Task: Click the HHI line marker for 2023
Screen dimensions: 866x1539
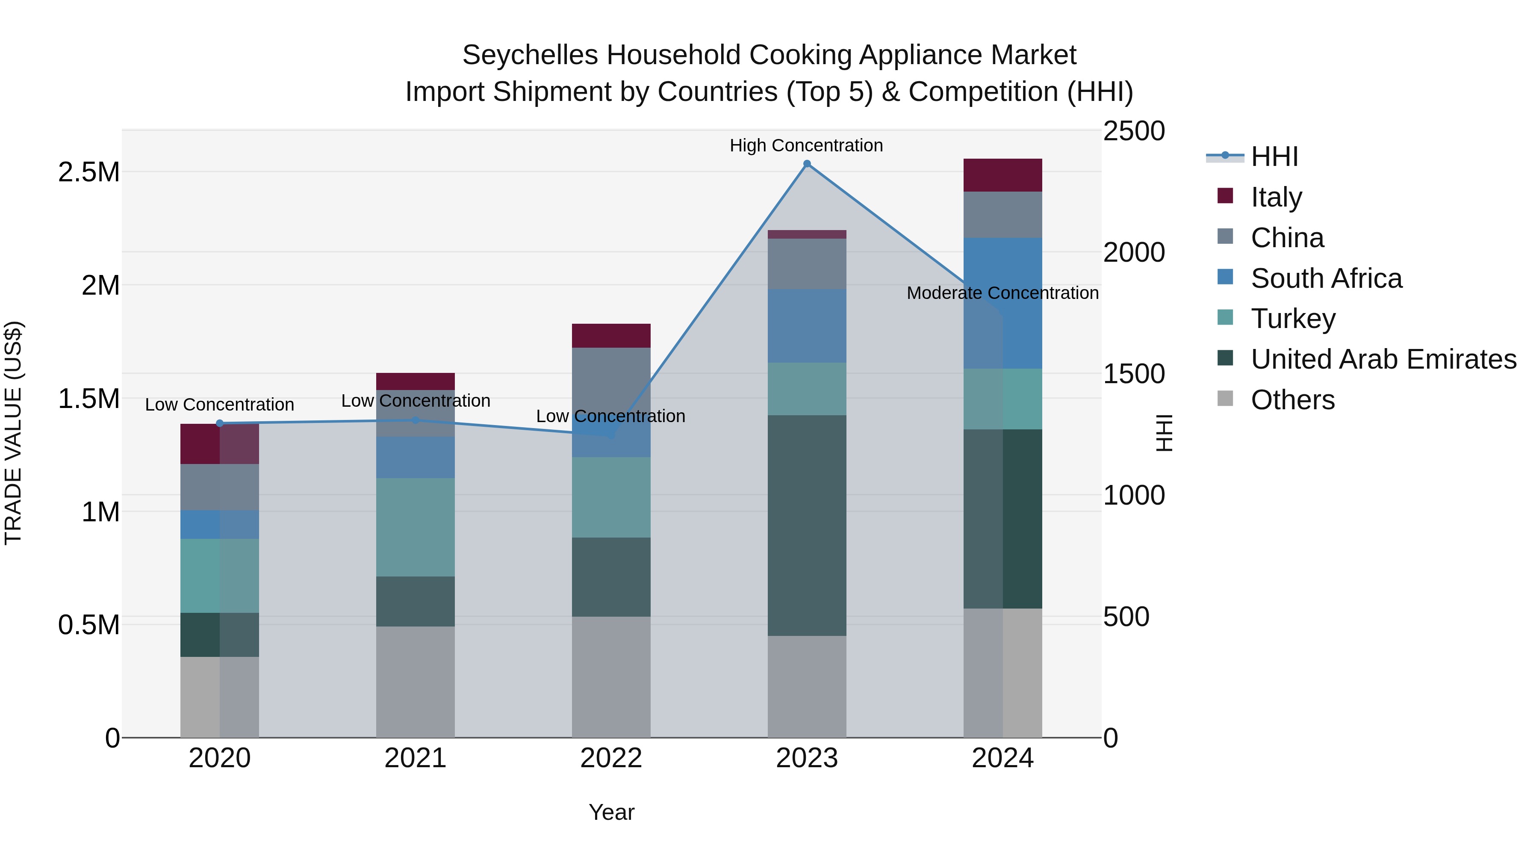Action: [x=807, y=164]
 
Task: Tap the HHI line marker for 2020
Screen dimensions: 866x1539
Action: [x=219, y=423]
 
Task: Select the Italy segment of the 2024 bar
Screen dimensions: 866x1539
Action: [x=1002, y=175]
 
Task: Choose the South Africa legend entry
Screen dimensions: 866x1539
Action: [x=1326, y=278]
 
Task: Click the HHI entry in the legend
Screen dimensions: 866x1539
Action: [x=1274, y=157]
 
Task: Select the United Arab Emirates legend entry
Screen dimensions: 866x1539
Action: [x=1383, y=359]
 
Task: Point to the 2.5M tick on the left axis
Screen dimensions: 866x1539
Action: [x=88, y=172]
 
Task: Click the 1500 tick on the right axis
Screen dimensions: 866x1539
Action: [x=1133, y=374]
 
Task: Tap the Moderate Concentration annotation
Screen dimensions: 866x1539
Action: [x=1002, y=293]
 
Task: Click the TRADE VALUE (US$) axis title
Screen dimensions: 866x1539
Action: [x=13, y=433]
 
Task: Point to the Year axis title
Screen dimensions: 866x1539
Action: [x=611, y=812]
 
